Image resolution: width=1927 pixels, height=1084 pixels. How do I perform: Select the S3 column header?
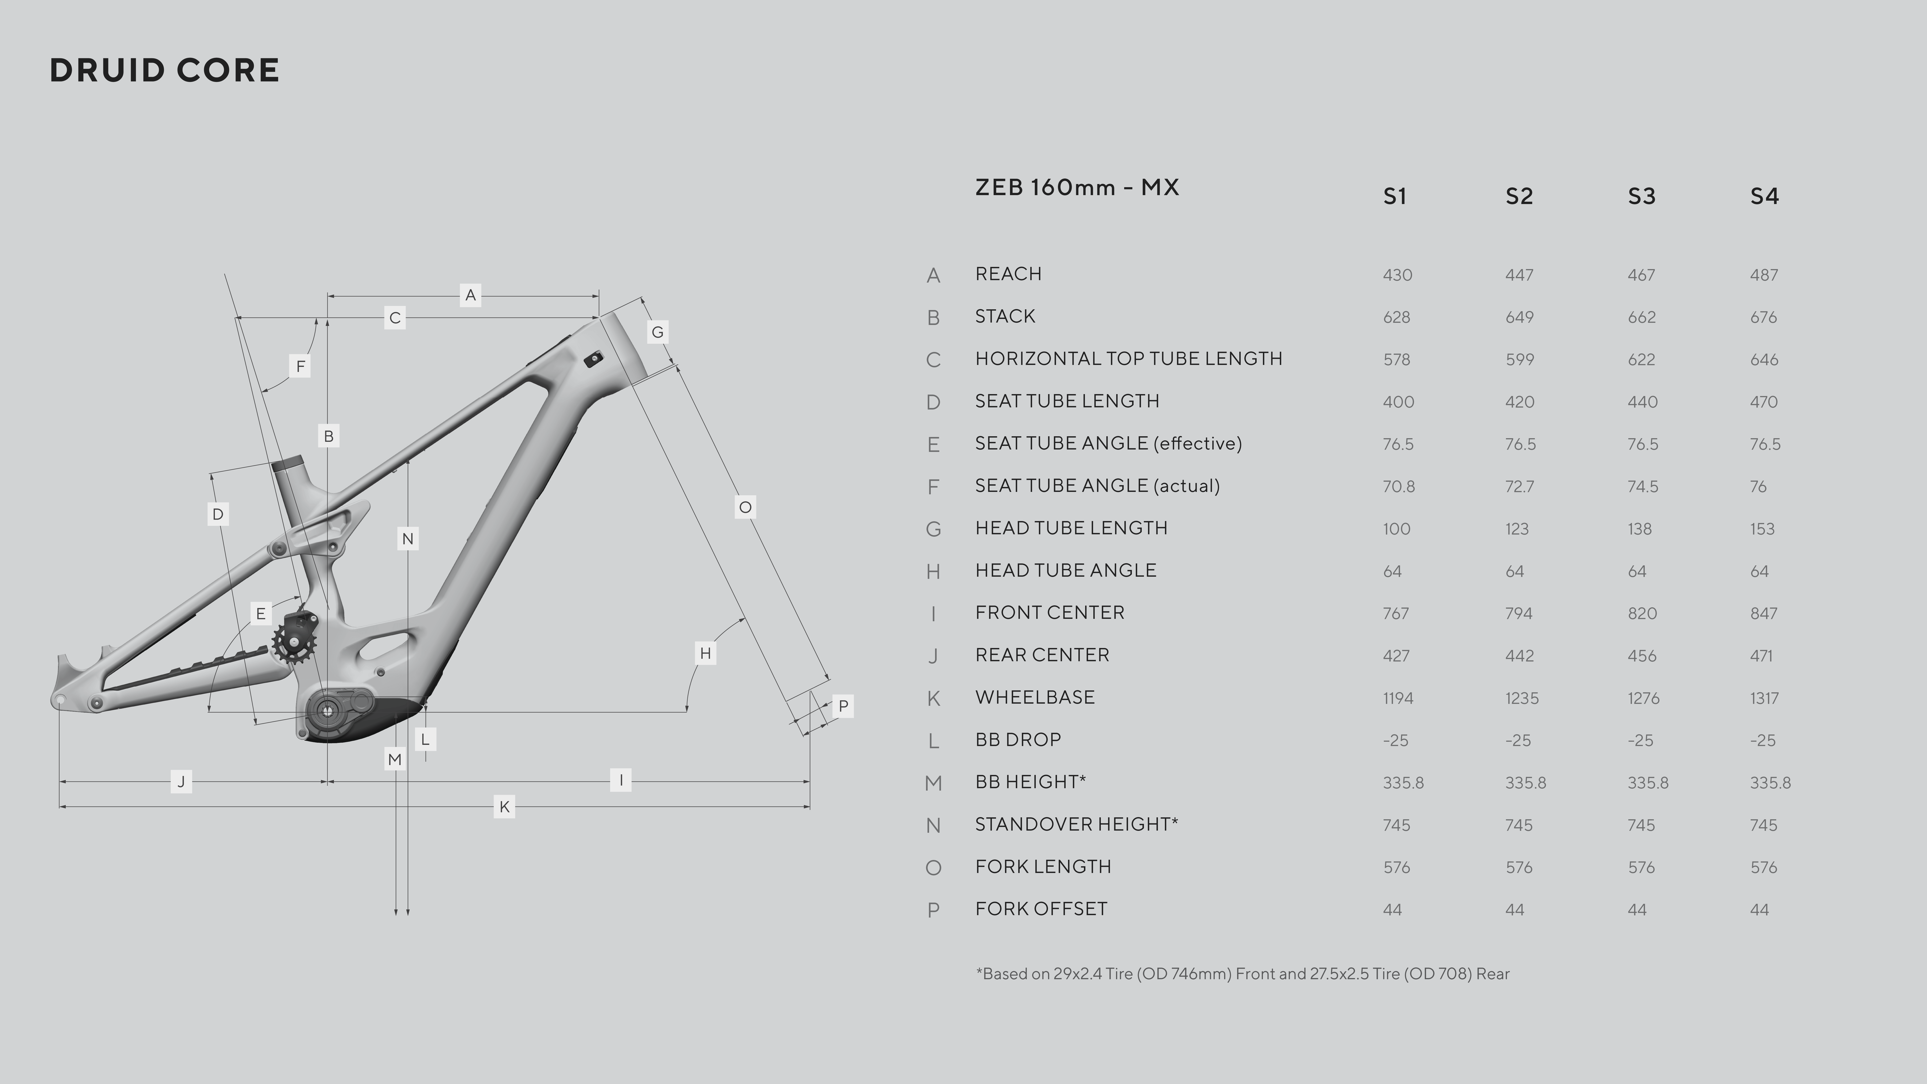coord(1641,196)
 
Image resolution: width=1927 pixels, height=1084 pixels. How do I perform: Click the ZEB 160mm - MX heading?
coord(1076,187)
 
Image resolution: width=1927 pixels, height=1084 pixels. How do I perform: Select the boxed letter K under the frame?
coord(504,806)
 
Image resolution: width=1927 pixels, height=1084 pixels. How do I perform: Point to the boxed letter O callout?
coord(745,507)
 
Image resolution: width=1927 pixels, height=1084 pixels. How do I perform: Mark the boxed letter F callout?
coord(300,366)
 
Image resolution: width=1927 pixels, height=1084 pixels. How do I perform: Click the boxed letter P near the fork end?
coord(843,706)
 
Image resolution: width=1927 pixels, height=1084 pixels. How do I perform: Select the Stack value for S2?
coord(1519,317)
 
